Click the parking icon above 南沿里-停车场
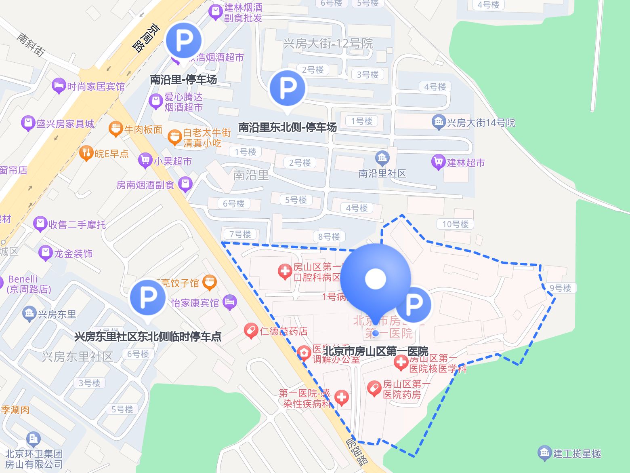click(184, 40)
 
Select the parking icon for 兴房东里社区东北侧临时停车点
click(148, 298)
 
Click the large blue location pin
click(376, 279)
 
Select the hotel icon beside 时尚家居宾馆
click(59, 86)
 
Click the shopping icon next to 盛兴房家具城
click(28, 123)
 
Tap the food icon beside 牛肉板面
click(115, 129)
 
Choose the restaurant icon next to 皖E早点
click(86, 153)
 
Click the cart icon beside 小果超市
click(145, 161)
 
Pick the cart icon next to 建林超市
click(438, 162)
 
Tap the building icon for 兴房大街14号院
click(438, 122)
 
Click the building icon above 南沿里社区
click(382, 158)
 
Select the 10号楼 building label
click(455, 224)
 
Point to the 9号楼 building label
click(561, 288)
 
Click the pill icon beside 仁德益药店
click(251, 331)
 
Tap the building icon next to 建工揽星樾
click(544, 453)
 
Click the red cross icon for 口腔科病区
click(285, 272)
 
